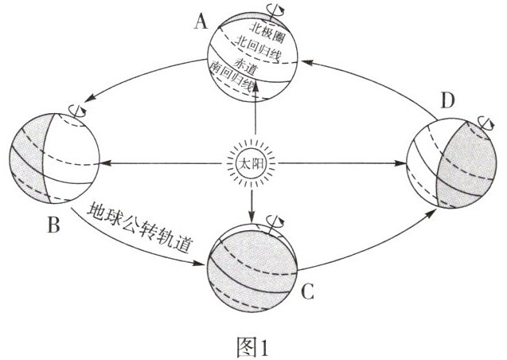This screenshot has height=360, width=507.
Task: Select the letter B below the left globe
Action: [x=53, y=226]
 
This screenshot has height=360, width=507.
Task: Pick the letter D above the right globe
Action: [x=448, y=103]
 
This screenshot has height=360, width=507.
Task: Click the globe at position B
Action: [x=55, y=158]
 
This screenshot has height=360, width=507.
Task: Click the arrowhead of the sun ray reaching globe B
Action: [x=106, y=164]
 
